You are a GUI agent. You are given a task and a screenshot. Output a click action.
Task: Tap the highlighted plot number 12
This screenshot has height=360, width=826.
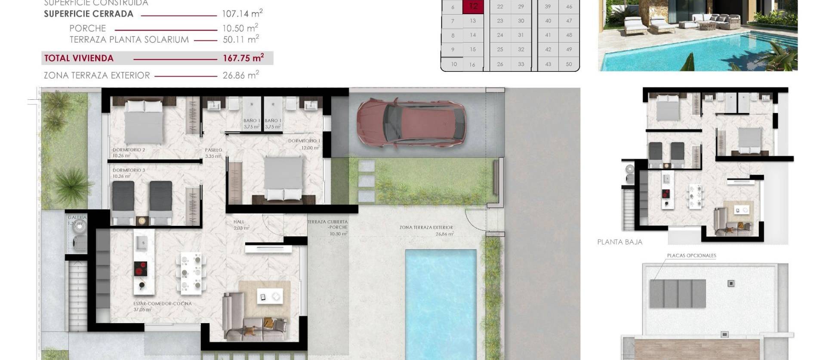click(473, 6)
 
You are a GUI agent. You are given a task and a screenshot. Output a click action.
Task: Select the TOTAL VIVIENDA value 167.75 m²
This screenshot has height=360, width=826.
click(243, 58)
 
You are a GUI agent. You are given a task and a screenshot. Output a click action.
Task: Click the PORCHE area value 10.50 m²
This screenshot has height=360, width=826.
click(240, 28)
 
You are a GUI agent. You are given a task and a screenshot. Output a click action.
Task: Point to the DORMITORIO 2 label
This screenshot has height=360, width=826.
click(129, 150)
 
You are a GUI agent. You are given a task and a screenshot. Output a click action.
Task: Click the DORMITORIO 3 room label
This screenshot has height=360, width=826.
click(129, 170)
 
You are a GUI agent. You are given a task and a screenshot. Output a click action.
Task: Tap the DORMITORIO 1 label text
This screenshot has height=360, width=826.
click(304, 141)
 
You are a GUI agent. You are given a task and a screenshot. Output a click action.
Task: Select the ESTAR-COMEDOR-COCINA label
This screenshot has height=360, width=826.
click(162, 304)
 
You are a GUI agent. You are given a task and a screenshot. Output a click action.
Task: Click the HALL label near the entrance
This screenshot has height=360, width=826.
click(239, 222)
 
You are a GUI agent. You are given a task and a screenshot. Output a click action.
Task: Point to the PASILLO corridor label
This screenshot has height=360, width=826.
click(213, 150)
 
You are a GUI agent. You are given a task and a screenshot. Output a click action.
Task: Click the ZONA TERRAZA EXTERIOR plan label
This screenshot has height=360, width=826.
click(426, 228)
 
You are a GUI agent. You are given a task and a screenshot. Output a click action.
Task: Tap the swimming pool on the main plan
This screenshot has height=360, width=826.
click(441, 301)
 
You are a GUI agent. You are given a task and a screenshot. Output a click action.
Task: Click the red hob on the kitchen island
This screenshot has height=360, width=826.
click(140, 268)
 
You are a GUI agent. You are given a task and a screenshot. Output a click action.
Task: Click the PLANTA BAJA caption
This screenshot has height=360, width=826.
click(619, 242)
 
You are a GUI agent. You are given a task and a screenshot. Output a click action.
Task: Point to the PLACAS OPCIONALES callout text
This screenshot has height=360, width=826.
click(691, 255)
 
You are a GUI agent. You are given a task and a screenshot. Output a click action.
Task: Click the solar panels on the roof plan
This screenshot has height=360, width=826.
click(678, 293)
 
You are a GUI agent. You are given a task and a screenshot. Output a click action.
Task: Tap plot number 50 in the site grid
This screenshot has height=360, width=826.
click(569, 64)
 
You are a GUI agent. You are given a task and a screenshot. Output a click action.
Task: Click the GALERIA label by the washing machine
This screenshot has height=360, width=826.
click(77, 218)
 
